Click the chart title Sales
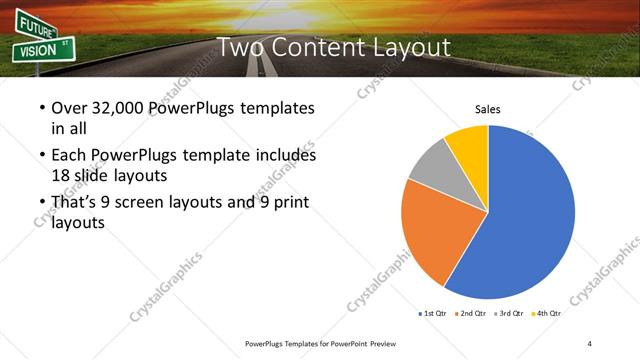(x=487, y=109)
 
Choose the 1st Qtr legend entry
(x=433, y=313)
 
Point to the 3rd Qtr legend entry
(x=509, y=313)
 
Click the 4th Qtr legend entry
(x=546, y=313)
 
